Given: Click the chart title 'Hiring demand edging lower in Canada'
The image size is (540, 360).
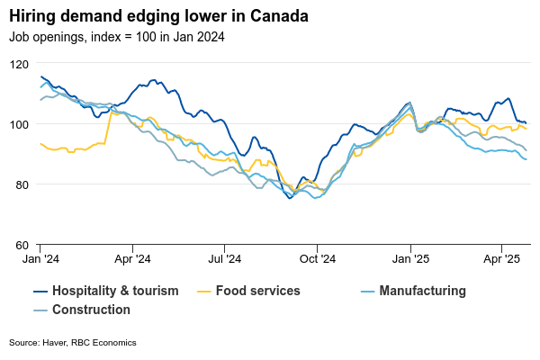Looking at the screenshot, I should (x=158, y=17).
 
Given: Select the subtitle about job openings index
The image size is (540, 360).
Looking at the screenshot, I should (x=117, y=37).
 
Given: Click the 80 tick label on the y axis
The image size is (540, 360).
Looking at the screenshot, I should (x=21, y=184).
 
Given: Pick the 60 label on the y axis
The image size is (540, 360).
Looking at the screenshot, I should (x=21, y=245).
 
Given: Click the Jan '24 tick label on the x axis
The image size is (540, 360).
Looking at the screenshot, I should (x=40, y=259).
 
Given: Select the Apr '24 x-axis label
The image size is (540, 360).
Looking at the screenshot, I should (x=132, y=259).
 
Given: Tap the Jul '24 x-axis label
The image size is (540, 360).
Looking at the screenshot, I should (x=225, y=259).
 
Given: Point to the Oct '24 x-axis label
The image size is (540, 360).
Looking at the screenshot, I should (x=318, y=259).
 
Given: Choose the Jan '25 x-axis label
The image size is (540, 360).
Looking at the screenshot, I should (x=410, y=259).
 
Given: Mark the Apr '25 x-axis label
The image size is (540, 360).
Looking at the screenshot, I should (x=501, y=259).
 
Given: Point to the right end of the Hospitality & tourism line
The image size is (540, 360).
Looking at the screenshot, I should (x=526, y=123).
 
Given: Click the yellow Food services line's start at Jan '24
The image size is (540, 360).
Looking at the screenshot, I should (x=40, y=143).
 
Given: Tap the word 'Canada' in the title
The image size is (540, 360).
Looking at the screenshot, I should (x=278, y=17).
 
